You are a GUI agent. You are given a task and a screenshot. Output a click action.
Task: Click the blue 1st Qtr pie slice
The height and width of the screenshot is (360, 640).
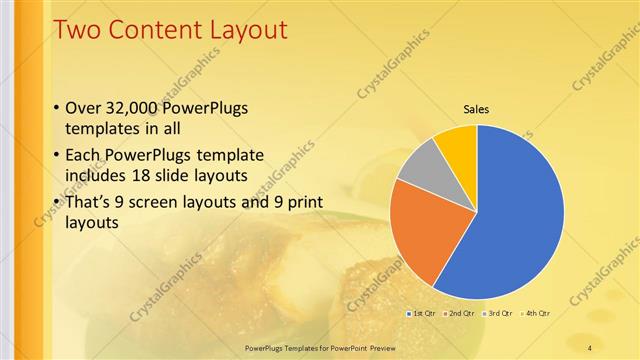[510, 220]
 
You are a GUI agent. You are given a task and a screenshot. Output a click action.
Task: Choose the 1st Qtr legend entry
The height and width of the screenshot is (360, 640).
[420, 313]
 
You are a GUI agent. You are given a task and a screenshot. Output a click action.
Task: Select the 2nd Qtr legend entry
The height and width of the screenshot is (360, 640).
[458, 313]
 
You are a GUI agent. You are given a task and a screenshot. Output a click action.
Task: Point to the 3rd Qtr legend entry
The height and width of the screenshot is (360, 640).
[498, 313]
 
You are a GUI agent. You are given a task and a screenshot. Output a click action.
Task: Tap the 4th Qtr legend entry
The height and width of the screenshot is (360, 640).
[536, 313]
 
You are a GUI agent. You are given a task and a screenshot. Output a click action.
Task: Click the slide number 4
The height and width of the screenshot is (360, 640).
[590, 347]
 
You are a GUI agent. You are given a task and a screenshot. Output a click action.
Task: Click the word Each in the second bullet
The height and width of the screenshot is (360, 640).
[84, 156]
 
